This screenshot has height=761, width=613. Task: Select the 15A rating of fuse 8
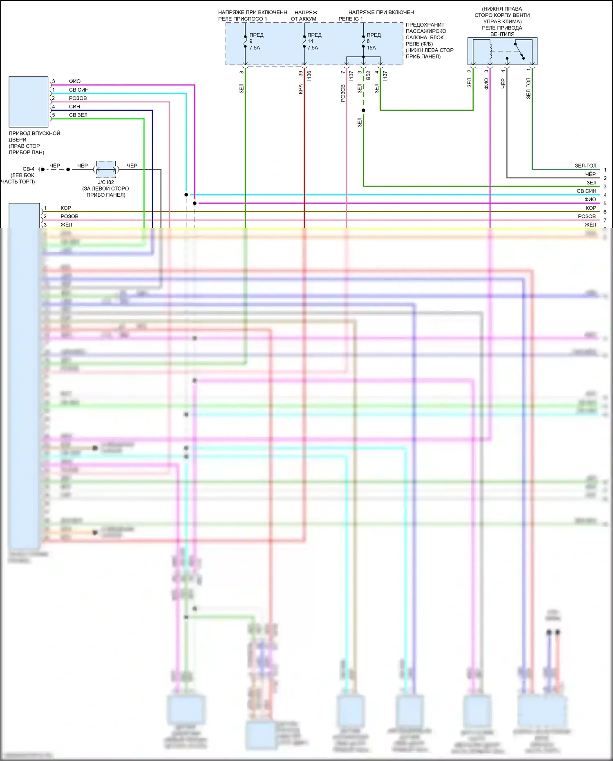coord(371,48)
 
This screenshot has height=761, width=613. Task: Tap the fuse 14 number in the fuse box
coord(310,41)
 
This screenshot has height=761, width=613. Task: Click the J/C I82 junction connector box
coord(106,169)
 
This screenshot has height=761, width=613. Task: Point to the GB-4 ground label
coord(29,169)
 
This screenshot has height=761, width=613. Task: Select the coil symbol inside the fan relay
coord(490,51)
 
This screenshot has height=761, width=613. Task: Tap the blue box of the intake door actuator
coord(29,101)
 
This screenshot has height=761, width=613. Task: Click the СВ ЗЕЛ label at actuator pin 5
coord(78,115)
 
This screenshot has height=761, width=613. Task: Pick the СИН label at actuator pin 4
coord(74,107)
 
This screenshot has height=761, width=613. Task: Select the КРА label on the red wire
coord(300,89)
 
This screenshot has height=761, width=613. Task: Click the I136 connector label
coord(309,75)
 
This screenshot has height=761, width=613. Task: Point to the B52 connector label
coord(368,75)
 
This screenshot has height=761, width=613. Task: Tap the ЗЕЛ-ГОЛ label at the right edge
coord(585,166)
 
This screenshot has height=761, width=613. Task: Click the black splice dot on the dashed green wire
coord(363,110)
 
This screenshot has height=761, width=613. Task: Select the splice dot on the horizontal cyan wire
coord(186,195)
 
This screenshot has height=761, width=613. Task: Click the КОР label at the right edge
coord(591,208)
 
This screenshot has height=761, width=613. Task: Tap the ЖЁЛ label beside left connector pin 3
coord(66,224)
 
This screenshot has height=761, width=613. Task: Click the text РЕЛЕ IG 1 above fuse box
coord(350,19)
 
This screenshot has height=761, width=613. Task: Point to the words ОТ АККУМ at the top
coord(303,19)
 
